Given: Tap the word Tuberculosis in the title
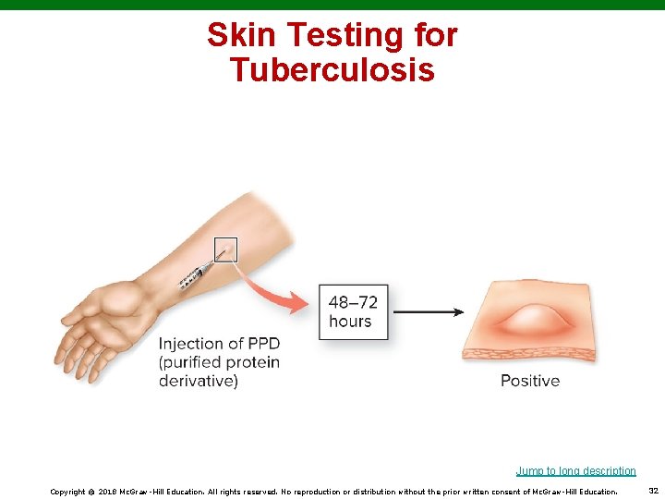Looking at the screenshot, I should point(332,69).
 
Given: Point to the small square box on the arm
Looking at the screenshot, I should point(225,249).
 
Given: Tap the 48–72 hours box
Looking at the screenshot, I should point(354,312).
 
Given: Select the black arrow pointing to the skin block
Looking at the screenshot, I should point(429,312).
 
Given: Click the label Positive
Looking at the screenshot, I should point(530,380).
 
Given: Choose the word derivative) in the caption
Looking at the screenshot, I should point(198,380).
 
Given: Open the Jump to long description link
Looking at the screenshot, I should point(575,471).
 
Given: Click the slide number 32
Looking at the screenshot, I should point(653,491).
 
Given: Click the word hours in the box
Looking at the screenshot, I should point(350,322).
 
